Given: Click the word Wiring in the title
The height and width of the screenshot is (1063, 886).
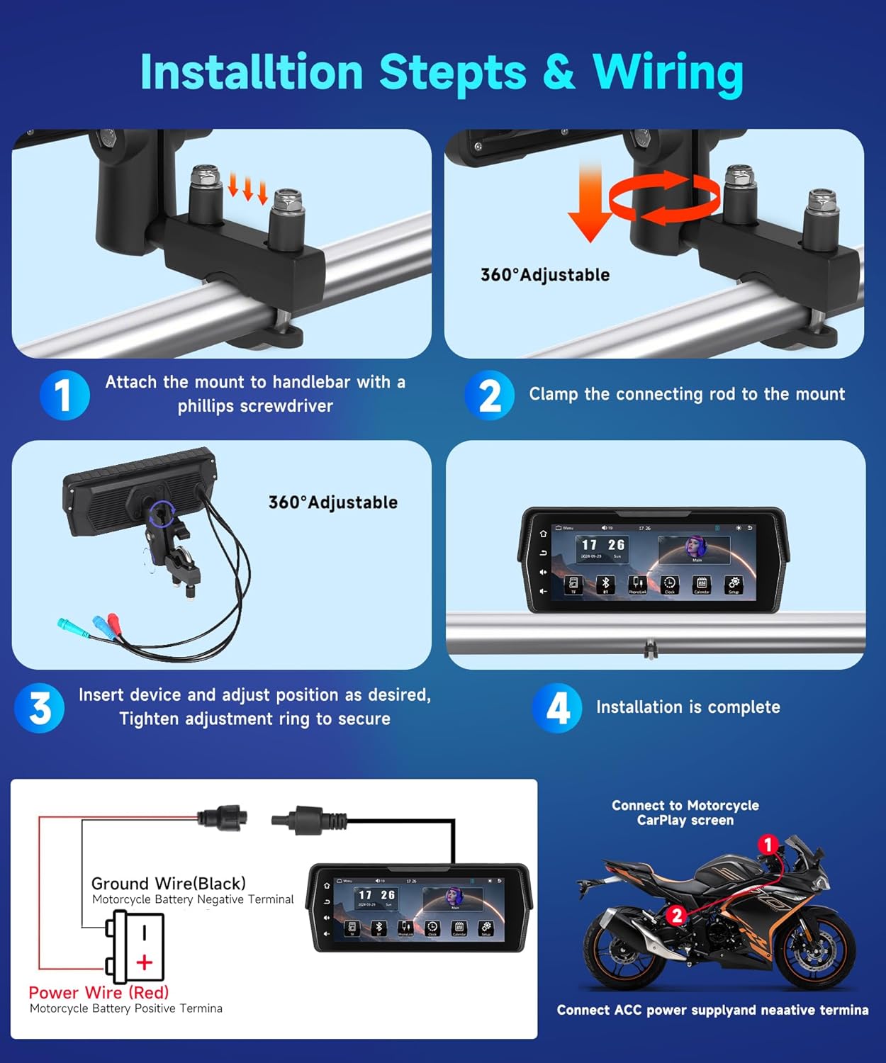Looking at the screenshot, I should [668, 73].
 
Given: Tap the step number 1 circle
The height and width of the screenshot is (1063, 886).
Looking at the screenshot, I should [65, 395].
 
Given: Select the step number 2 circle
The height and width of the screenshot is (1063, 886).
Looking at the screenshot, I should [489, 395].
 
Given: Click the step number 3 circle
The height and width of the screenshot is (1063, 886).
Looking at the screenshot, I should [40, 707].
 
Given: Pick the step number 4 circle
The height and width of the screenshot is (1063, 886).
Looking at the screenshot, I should [557, 707].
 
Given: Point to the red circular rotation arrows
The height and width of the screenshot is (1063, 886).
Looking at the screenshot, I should [664, 199].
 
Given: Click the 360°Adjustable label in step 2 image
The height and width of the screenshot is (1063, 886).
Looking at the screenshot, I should [544, 275].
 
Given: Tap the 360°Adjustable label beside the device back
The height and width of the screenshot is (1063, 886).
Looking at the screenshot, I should [332, 502].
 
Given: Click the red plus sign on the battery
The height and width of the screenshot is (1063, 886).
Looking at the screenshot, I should [145, 962].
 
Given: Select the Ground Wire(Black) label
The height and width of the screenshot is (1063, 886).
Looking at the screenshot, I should [169, 883].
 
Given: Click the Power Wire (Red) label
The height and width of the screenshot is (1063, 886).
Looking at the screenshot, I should [99, 992].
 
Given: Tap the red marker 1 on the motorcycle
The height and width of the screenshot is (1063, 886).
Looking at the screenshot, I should [768, 844].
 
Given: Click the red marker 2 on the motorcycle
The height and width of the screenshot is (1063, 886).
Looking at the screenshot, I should [676, 915].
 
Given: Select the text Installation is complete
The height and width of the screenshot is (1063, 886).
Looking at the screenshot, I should [688, 707].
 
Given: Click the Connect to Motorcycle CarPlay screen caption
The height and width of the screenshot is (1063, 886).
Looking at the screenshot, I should [685, 813].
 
